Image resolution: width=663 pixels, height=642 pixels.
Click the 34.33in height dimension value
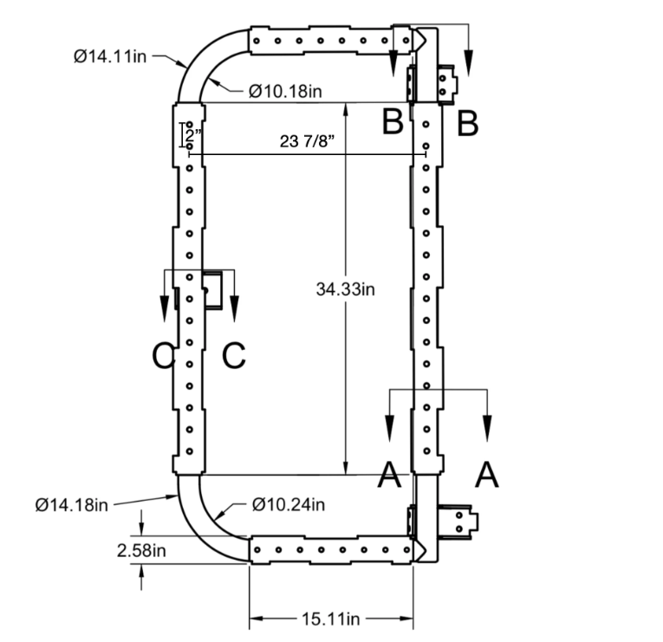pos(344,289)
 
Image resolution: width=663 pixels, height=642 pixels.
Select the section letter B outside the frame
pos(467,123)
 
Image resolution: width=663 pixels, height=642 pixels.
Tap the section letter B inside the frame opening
pos(393,123)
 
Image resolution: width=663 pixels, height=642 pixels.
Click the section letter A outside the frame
pos(488,474)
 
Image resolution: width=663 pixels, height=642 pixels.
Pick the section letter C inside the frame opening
pos(234,355)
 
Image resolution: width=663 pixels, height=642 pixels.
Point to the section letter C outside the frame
pos(162,355)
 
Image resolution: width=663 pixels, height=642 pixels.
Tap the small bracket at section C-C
pos(213,289)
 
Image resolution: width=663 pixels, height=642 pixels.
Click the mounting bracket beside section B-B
pos(445,81)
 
